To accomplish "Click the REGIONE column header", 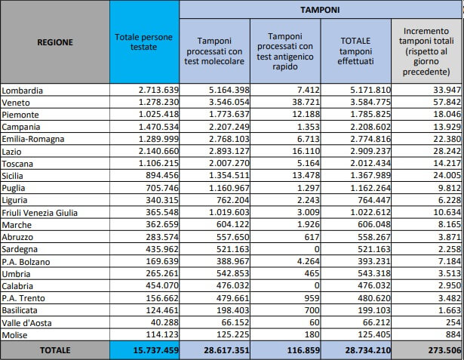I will click(55, 42).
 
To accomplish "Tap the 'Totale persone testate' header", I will click(143, 42).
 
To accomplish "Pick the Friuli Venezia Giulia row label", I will click(41, 213).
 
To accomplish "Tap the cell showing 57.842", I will click(437, 103).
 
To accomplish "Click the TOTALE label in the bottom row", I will click(55, 350).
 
